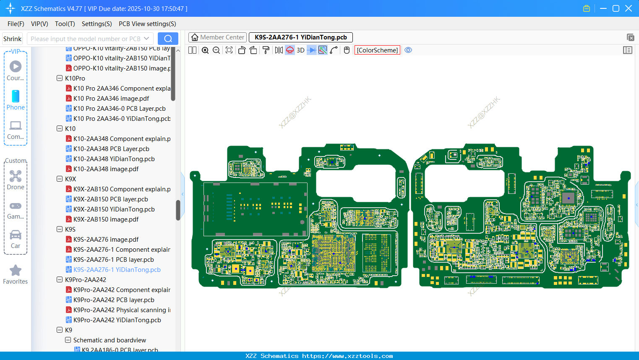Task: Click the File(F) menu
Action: click(16, 24)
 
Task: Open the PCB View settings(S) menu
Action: click(147, 24)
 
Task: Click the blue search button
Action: click(168, 39)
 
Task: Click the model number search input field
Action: click(86, 39)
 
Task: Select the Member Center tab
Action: click(218, 37)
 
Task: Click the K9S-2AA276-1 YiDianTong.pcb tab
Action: click(300, 37)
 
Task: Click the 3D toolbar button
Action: click(300, 50)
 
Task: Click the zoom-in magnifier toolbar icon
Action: click(205, 50)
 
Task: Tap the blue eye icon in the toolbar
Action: click(408, 50)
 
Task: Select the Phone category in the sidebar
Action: click(16, 100)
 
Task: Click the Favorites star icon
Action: click(16, 271)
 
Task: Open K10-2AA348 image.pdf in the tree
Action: click(106, 169)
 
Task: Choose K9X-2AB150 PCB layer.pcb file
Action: click(110, 199)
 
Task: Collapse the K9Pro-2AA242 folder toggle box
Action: click(60, 280)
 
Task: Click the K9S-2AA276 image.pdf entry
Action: click(106, 240)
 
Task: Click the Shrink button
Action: click(13, 39)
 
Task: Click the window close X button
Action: click(629, 8)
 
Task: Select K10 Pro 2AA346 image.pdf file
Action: click(111, 99)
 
